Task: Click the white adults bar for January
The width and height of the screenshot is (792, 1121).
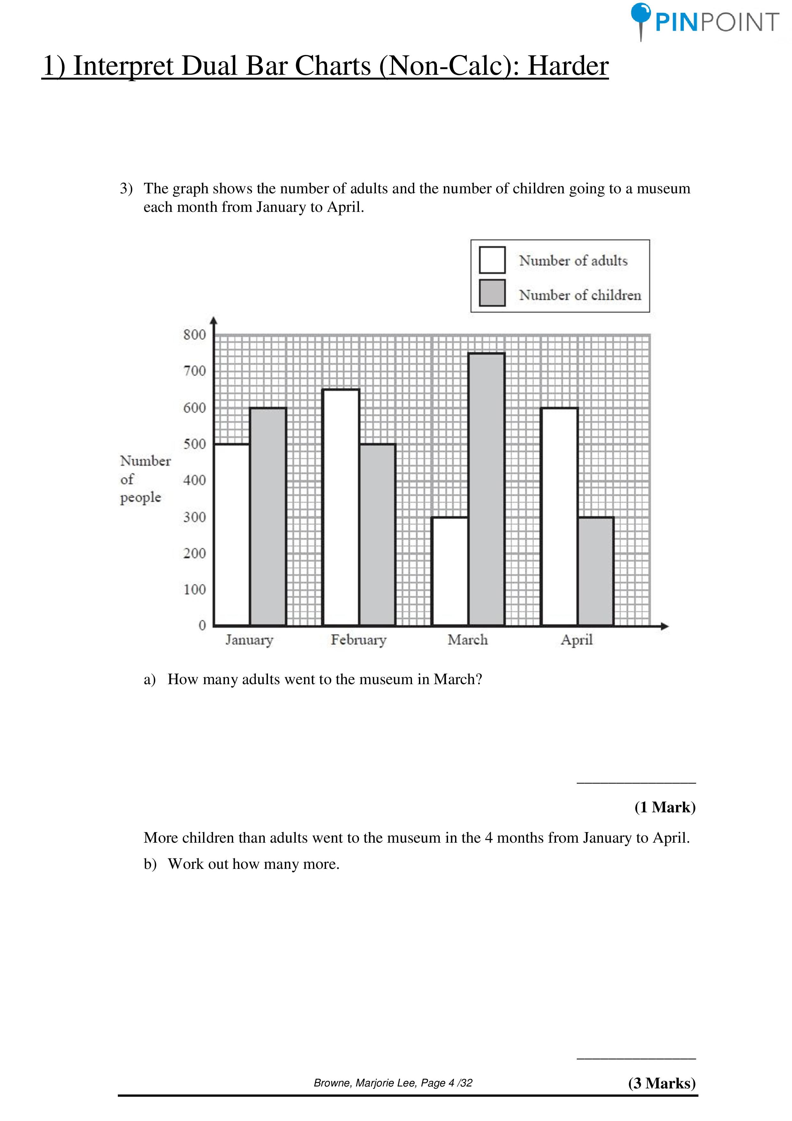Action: [232, 535]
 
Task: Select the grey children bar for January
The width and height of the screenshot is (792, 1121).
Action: [268, 516]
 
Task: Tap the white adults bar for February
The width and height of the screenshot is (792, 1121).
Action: [341, 508]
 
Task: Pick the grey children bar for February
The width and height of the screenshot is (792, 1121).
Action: [377, 535]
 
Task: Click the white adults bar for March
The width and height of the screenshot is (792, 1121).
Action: [450, 571]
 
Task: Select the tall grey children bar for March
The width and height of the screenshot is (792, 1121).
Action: [486, 489]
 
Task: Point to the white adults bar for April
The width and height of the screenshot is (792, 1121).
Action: [559, 516]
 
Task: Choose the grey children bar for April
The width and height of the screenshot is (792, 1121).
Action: [595, 571]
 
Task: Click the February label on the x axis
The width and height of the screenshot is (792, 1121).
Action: [358, 640]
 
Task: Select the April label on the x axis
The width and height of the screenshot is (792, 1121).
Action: [576, 640]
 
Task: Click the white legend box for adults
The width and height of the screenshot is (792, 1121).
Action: [492, 260]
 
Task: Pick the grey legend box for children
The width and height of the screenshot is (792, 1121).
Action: [492, 293]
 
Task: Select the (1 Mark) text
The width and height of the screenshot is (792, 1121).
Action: [665, 807]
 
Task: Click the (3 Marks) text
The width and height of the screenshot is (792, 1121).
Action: [662, 1083]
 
